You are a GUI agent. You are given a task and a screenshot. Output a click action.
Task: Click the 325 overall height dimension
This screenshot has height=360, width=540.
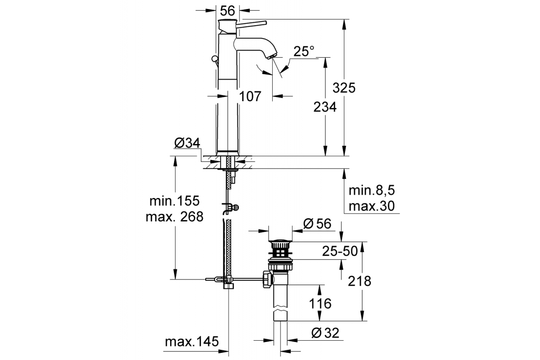[344, 88]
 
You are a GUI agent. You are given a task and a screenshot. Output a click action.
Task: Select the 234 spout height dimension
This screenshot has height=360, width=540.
[325, 107]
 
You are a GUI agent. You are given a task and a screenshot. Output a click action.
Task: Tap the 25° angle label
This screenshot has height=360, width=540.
[304, 51]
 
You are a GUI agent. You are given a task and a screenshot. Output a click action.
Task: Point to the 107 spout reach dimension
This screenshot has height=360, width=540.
[250, 96]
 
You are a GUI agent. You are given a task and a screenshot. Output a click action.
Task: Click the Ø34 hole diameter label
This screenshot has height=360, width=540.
[187, 143]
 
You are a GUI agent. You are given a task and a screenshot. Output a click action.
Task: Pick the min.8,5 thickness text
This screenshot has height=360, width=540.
[372, 190]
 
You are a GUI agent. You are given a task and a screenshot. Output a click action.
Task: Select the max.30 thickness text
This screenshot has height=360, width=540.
[372, 206]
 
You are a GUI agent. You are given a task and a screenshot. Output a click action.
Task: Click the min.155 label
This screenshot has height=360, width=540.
[175, 201]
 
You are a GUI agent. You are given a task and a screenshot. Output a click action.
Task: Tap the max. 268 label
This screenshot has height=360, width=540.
[175, 216]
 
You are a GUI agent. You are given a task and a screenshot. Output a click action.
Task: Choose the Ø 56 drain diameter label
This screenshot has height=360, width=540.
[317, 224]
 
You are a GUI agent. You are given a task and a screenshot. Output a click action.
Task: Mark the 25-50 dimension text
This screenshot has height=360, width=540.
[340, 251]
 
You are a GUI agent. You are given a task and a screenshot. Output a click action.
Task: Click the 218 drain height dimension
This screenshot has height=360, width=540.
[360, 281]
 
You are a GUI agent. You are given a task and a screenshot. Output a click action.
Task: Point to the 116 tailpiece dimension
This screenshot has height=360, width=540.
[320, 303]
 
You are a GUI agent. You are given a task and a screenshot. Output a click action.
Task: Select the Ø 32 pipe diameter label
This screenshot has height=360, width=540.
[325, 333]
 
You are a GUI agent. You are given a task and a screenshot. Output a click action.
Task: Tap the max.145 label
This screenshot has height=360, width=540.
[192, 342]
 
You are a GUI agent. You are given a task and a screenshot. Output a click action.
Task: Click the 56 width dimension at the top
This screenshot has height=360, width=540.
[227, 11]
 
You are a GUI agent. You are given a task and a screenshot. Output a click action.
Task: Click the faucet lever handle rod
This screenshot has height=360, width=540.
[251, 24]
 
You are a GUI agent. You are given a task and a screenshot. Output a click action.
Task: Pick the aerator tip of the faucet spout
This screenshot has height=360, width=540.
[272, 56]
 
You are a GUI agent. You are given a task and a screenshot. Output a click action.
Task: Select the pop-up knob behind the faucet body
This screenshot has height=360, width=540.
[214, 58]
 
